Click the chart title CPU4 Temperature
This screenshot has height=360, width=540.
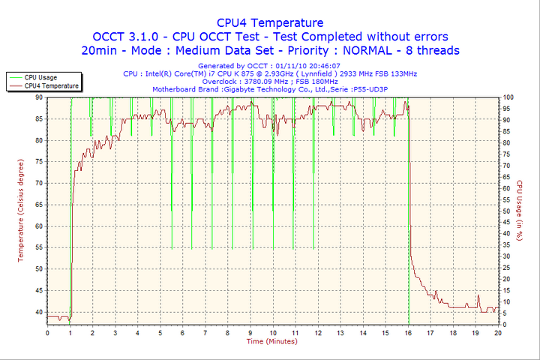(x=270, y=22)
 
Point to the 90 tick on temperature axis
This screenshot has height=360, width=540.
(x=38, y=97)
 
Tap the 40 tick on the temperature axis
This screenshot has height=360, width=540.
(x=38, y=311)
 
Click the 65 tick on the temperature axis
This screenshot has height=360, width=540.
(x=38, y=205)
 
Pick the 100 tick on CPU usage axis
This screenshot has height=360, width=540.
(x=508, y=97)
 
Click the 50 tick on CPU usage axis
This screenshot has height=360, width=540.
(x=507, y=211)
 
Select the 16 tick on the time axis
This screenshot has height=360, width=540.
(x=408, y=332)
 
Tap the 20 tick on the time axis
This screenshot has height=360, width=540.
(x=498, y=332)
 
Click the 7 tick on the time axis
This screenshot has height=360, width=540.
(x=205, y=332)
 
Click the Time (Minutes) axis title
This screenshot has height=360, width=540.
(x=271, y=341)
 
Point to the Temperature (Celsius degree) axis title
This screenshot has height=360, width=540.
(x=21, y=210)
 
